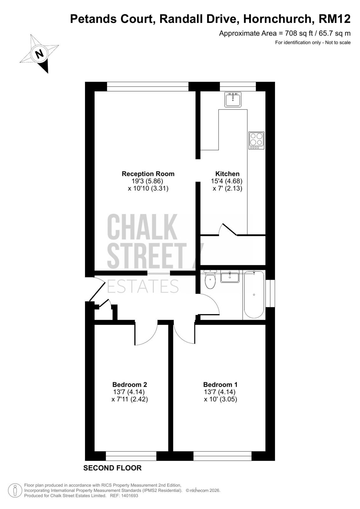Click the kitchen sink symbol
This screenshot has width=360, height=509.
point(233,99)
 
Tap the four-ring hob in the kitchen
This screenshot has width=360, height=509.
point(256,140)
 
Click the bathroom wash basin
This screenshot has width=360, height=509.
point(230,276)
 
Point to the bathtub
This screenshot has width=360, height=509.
point(254,295)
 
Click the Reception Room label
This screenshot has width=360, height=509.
point(148,174)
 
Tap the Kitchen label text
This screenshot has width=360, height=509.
point(227,174)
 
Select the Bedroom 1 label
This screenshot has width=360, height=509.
point(220,385)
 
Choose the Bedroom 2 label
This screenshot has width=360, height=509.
point(130,385)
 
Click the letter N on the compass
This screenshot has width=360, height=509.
point(39,54)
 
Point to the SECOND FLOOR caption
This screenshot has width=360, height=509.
point(112,468)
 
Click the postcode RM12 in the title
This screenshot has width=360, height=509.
point(334,19)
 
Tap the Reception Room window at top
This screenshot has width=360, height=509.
point(148,87)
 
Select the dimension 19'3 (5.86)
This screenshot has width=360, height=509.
point(147,181)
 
